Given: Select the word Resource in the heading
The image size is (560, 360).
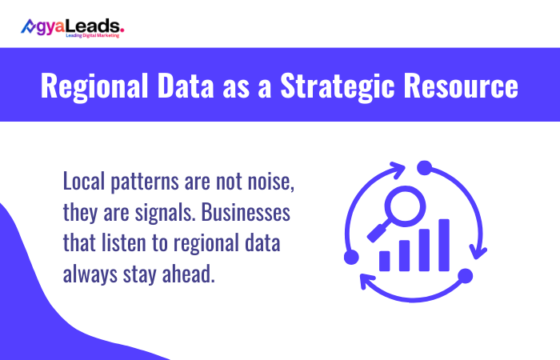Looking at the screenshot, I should [463, 86].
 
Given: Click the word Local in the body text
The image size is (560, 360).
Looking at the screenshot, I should [85, 183].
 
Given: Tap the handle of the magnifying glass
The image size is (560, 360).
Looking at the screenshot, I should [375, 232].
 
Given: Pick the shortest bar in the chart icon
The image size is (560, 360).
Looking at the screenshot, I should [386, 260].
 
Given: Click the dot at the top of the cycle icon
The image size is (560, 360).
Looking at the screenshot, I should [424, 167].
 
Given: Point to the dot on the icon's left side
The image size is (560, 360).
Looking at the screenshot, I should [350, 257].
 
